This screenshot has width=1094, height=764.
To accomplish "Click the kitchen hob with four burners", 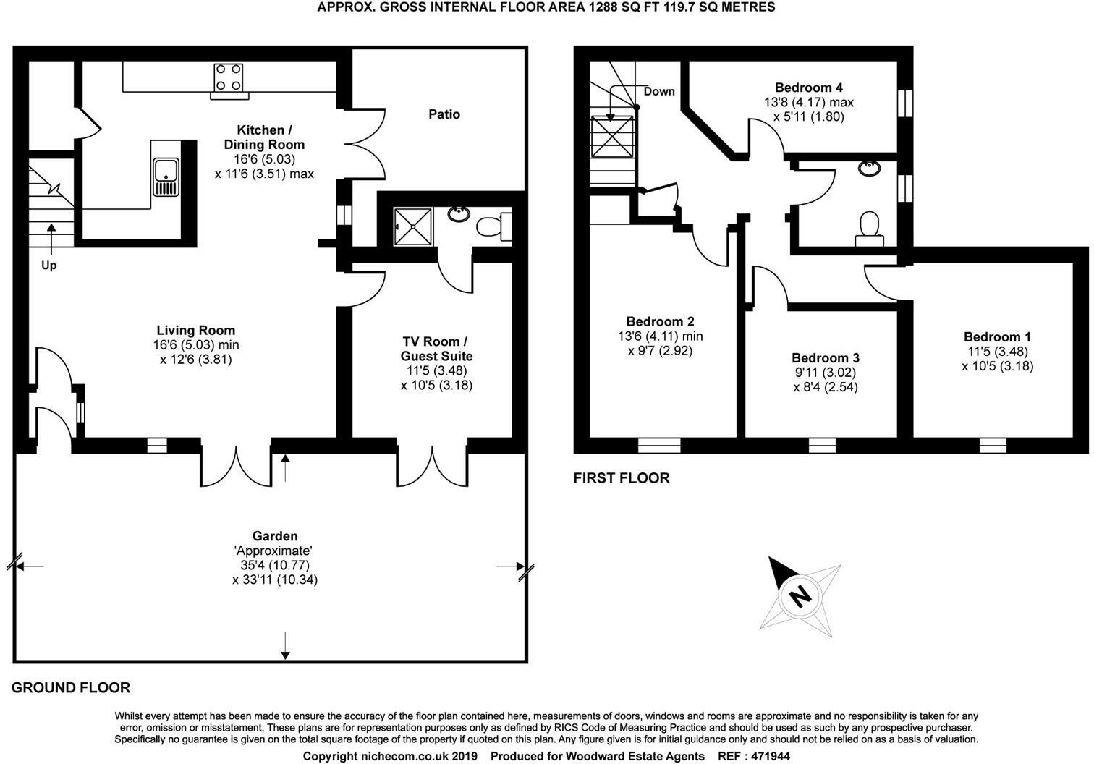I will [x=229, y=79].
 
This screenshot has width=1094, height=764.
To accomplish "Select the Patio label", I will [x=444, y=114].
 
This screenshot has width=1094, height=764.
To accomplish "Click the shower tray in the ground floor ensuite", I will [x=413, y=226].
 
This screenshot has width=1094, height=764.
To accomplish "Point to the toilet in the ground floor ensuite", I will [x=495, y=225].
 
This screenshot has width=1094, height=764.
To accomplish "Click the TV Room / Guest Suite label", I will [x=436, y=349].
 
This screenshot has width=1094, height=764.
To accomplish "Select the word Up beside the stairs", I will [x=48, y=266].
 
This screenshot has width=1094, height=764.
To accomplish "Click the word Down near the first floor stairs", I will [x=658, y=91].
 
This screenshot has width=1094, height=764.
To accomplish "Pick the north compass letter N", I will [x=800, y=597].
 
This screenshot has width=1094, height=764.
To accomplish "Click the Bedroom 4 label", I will [x=808, y=88].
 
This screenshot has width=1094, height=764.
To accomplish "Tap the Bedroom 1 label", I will [x=997, y=336].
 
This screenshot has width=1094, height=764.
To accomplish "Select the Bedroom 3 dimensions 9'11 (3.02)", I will [x=825, y=373].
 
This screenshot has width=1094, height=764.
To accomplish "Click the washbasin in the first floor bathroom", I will [x=869, y=169].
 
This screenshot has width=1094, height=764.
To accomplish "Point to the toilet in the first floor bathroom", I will [x=868, y=226].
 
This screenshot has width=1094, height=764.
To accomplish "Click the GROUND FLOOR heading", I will [x=71, y=687].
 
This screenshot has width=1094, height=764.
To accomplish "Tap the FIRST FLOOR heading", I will [x=622, y=478].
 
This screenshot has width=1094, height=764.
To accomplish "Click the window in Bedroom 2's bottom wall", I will [x=653, y=446].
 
